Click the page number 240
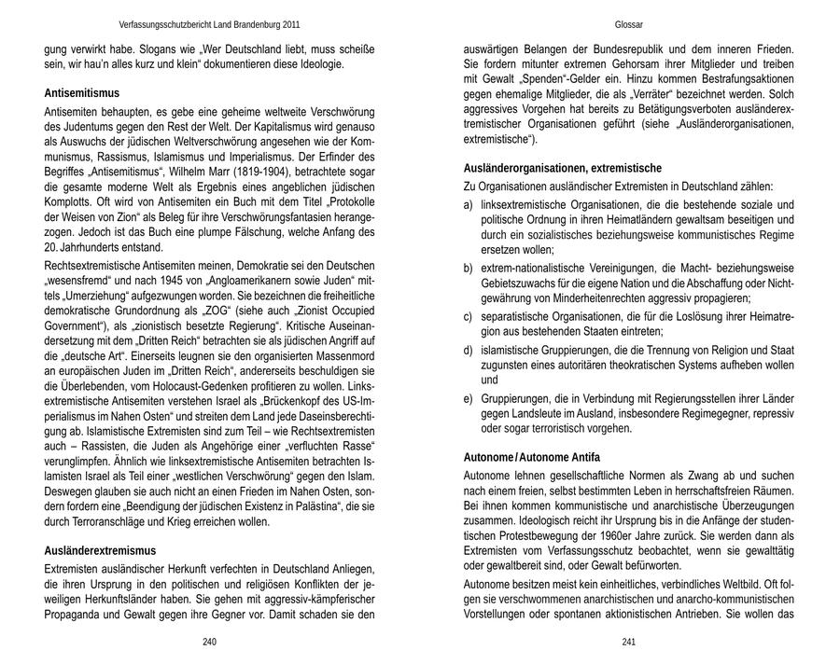(x=209, y=642)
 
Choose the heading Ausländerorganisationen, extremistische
(x=563, y=168)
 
